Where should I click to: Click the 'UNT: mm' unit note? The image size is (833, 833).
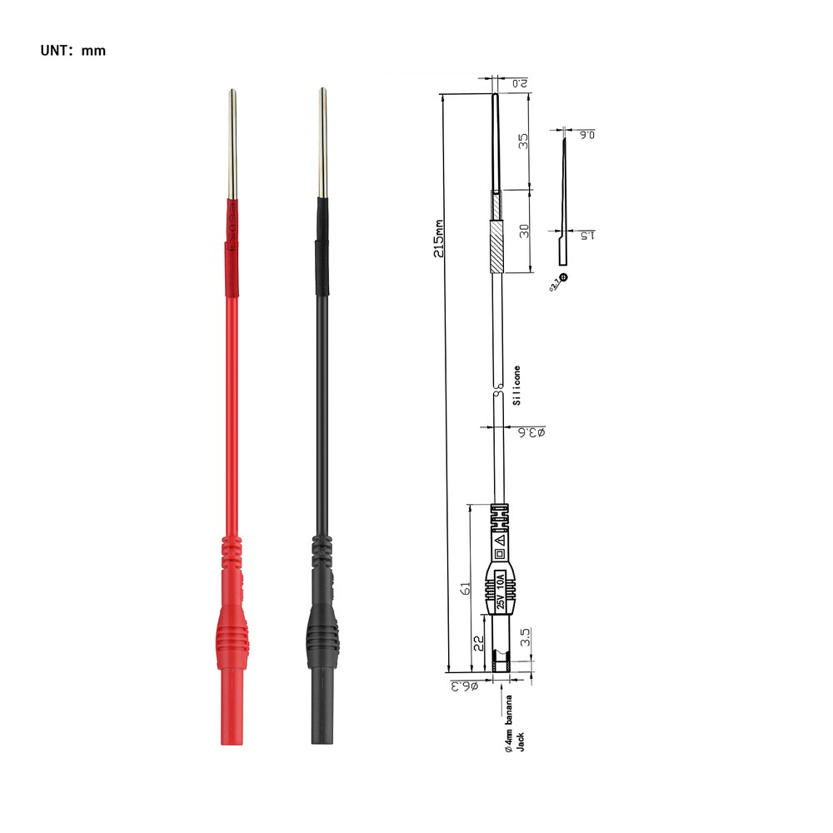[x=73, y=51]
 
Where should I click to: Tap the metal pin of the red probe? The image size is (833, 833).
[x=231, y=146]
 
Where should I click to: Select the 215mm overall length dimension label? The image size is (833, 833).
[x=438, y=238]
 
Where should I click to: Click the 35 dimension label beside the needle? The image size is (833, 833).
[x=523, y=141]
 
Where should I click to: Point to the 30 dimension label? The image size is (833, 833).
[x=523, y=231]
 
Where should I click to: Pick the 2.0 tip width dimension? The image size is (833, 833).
[x=519, y=83]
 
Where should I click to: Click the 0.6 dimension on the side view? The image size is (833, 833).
[x=587, y=134]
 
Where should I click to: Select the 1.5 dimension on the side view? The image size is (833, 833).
[x=587, y=237]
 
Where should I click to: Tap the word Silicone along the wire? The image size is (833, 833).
[x=516, y=385]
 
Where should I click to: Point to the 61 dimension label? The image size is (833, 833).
[x=466, y=588]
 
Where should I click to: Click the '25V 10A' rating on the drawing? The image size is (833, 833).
[x=501, y=591]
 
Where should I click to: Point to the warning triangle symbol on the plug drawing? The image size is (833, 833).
[x=500, y=540]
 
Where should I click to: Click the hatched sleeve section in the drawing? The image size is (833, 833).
[x=496, y=247]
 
